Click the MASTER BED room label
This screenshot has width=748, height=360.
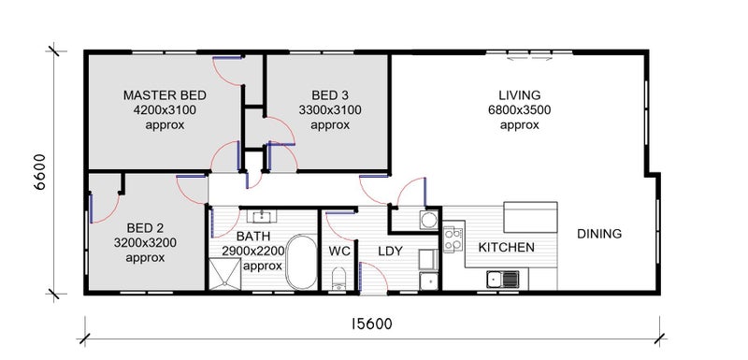point(165,95)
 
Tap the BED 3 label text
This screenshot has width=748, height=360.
point(330,95)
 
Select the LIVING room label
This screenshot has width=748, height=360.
point(520,94)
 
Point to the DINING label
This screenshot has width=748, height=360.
point(599,234)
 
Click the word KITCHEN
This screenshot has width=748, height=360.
point(506,248)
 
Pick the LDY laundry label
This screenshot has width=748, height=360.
point(391,251)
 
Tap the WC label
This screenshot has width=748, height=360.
point(339,251)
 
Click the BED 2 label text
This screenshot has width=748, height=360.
point(145,227)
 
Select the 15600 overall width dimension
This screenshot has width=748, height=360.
point(371,324)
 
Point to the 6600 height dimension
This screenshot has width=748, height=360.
point(40,172)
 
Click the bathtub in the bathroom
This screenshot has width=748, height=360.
point(301,262)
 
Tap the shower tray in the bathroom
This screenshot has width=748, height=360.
point(224,274)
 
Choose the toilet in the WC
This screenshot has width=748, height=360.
point(338,278)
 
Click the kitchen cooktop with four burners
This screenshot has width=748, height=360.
point(453,239)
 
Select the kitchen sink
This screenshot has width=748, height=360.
point(503,279)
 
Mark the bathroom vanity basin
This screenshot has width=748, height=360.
point(262,217)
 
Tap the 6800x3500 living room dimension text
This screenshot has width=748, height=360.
point(520,110)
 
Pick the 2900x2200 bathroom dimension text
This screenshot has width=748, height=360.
point(252,251)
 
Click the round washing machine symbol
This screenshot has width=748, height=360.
point(429,220)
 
